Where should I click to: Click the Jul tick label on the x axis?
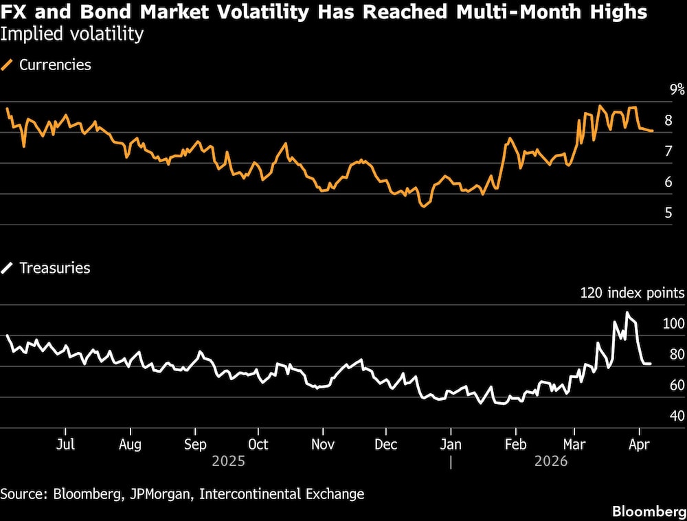click(65, 444)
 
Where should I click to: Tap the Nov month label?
click(322, 444)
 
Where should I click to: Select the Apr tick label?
click(640, 444)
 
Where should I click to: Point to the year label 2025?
click(229, 461)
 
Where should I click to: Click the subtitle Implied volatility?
click(72, 34)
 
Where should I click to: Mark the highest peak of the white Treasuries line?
click(627, 313)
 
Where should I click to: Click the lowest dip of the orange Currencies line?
click(423, 206)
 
